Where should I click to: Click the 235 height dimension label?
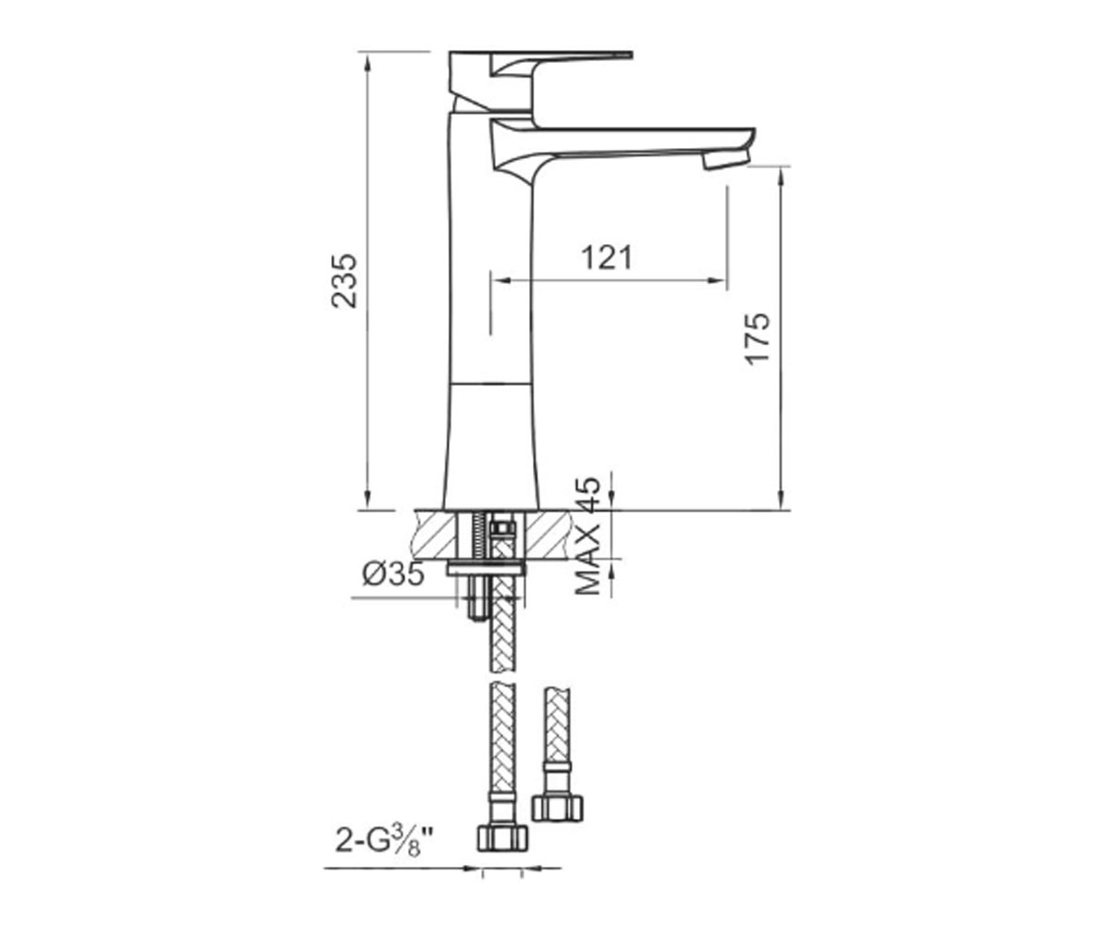click(x=344, y=280)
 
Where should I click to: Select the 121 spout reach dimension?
click(x=607, y=258)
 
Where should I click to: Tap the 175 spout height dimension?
click(x=757, y=339)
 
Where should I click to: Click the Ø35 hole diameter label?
click(x=394, y=574)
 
